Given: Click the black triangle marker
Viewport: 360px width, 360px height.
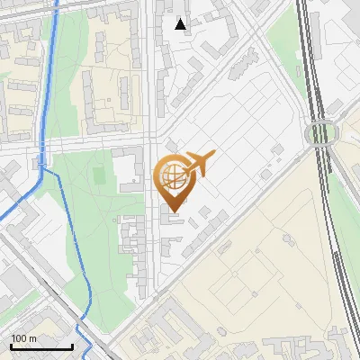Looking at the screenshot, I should click(x=181, y=24).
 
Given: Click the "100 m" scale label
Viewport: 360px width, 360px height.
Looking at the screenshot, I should click(x=23, y=338).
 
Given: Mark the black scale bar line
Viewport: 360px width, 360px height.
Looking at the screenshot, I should click(x=41, y=346).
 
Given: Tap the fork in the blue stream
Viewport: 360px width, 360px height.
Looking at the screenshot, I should click(x=41, y=168).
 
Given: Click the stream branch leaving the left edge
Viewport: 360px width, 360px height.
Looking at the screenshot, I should click(x=4, y=216).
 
